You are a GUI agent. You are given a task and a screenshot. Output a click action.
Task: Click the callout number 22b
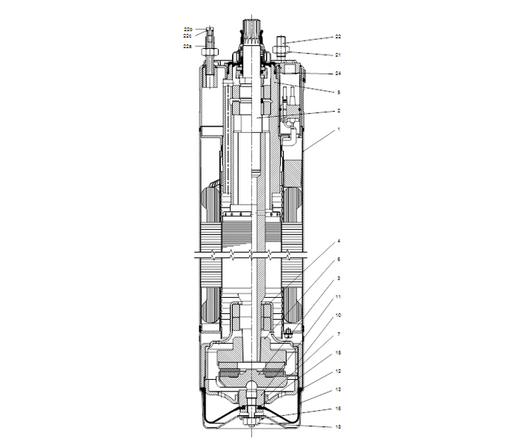pos(188,29)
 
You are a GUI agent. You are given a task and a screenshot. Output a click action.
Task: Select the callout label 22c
pos(188,35)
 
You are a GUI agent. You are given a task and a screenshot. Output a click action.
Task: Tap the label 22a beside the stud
pos(188,46)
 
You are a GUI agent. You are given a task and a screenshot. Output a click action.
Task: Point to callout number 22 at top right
pos(338,35)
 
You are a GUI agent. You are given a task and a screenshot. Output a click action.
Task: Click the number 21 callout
pos(338,55)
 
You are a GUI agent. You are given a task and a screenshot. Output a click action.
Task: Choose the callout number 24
pos(338,73)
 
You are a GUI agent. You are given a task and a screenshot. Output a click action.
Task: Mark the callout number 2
pos(338,111)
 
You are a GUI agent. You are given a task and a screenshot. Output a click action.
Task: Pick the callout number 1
pos(338,129)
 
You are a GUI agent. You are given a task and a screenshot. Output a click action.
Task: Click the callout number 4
pos(338,241)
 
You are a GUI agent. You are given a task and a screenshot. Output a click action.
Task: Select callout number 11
pos(338,296)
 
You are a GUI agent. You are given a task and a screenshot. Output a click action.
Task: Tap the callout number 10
pos(338,315)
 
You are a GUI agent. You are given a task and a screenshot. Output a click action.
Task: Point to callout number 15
pos(338,352)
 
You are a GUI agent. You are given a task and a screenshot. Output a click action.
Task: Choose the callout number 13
pos(338,389)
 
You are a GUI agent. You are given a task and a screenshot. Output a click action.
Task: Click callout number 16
pos(338,408)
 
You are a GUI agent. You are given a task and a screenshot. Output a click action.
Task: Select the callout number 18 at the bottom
pos(338,426)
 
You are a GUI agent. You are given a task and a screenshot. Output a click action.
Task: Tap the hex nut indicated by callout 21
pos(283,50)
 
